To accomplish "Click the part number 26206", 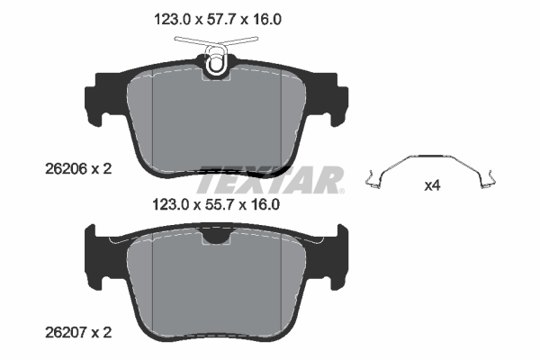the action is (66, 169).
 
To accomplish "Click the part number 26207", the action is (66, 332).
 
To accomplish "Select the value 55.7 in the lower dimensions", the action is (220, 205).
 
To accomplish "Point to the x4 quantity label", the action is (432, 186).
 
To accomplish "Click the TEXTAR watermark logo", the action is (270, 180).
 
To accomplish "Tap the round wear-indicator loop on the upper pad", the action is (216, 63).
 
